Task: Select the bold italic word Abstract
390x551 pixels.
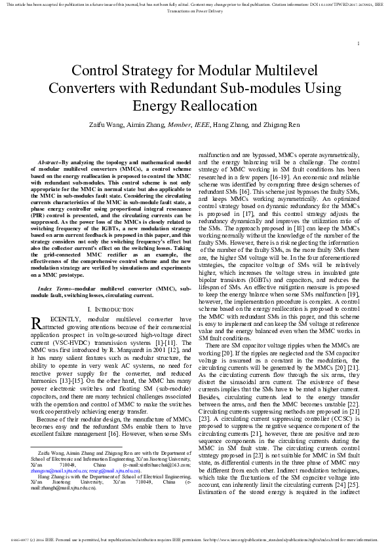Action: (50, 161)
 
